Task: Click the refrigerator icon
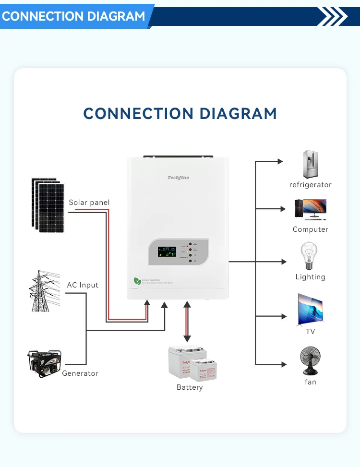[x=311, y=165]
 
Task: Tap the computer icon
[x=311, y=210]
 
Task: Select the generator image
[x=44, y=363]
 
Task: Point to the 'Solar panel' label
[x=89, y=203]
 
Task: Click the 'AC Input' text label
[x=83, y=285]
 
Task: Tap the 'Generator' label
[x=80, y=373]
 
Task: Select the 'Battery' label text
[x=190, y=387]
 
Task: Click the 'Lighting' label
[x=310, y=277]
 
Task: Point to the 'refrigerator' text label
[x=310, y=185]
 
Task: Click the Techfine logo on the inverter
[x=178, y=178]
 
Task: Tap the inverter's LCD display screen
[x=167, y=251]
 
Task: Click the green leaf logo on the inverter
[x=137, y=281]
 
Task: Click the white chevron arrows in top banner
[x=333, y=16]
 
